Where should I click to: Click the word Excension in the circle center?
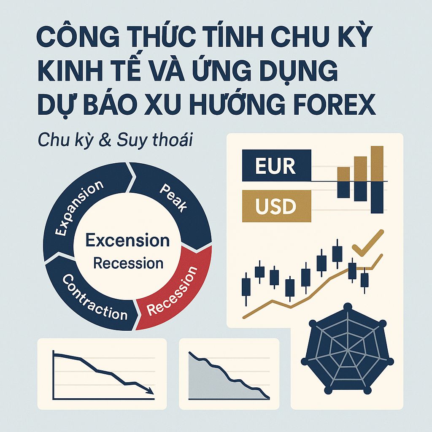(x=127, y=240)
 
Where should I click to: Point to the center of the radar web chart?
(x=347, y=354)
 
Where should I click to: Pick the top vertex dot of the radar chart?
(x=348, y=307)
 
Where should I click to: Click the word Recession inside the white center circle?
(x=128, y=263)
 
